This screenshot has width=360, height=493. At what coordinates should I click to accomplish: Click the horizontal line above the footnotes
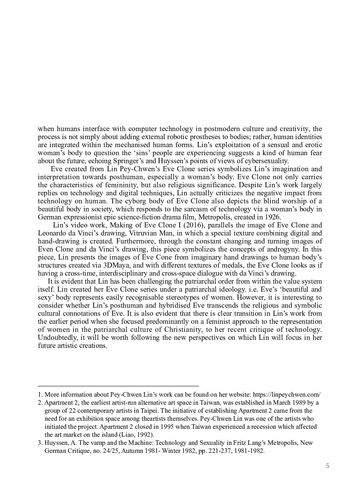pyautogui.click(x=118, y=386)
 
